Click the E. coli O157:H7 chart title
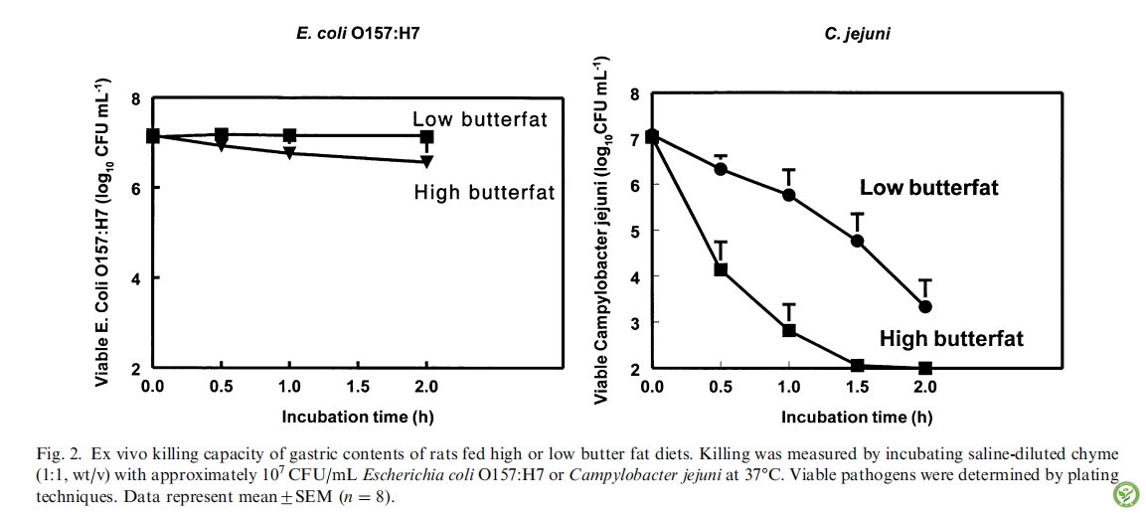(365, 34)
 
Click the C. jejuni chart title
(857, 34)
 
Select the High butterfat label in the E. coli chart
(484, 193)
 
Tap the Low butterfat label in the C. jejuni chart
(928, 188)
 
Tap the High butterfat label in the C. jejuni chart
(950, 339)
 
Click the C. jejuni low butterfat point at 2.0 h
(925, 307)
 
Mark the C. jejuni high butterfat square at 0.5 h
(721, 269)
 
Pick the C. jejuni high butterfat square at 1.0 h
(789, 330)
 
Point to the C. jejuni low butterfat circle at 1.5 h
(857, 241)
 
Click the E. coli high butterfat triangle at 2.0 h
(426, 161)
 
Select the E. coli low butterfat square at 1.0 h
(289, 135)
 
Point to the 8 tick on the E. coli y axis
(136, 98)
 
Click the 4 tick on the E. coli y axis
(136, 278)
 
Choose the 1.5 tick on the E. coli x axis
(358, 386)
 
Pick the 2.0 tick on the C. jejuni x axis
(925, 386)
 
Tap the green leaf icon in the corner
(1125, 493)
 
